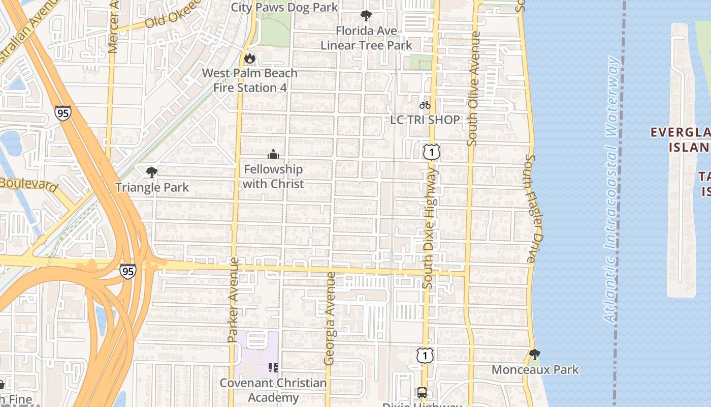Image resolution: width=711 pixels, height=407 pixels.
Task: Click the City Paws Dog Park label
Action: (284, 8)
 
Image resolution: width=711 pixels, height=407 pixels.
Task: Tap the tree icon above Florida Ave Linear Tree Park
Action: (366, 15)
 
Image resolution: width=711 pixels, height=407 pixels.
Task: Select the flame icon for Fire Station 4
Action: (249, 59)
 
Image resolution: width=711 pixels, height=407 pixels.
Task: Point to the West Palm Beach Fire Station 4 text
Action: (250, 80)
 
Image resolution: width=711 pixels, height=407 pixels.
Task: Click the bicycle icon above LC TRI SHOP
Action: (425, 105)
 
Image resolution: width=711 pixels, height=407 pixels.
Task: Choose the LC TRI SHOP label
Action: (425, 120)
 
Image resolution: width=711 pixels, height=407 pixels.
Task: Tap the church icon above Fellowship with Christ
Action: (273, 154)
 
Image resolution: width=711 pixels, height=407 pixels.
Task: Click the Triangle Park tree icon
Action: (151, 172)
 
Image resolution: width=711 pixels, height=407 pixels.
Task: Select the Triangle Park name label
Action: (152, 187)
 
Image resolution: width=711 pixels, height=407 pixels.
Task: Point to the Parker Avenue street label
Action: (233, 300)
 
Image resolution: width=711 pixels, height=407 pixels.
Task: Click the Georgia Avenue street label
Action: (330, 319)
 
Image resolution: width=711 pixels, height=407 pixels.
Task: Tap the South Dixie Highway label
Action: (430, 229)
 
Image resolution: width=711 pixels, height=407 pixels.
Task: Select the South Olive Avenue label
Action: (473, 89)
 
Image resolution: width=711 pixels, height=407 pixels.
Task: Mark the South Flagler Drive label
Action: (532, 209)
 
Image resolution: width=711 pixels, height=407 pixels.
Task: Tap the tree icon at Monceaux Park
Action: (534, 354)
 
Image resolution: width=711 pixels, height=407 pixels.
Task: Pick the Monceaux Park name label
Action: (535, 370)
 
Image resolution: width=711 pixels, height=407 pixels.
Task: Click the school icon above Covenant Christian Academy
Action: (273, 367)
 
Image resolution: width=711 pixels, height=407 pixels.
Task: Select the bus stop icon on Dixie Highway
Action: (422, 392)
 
